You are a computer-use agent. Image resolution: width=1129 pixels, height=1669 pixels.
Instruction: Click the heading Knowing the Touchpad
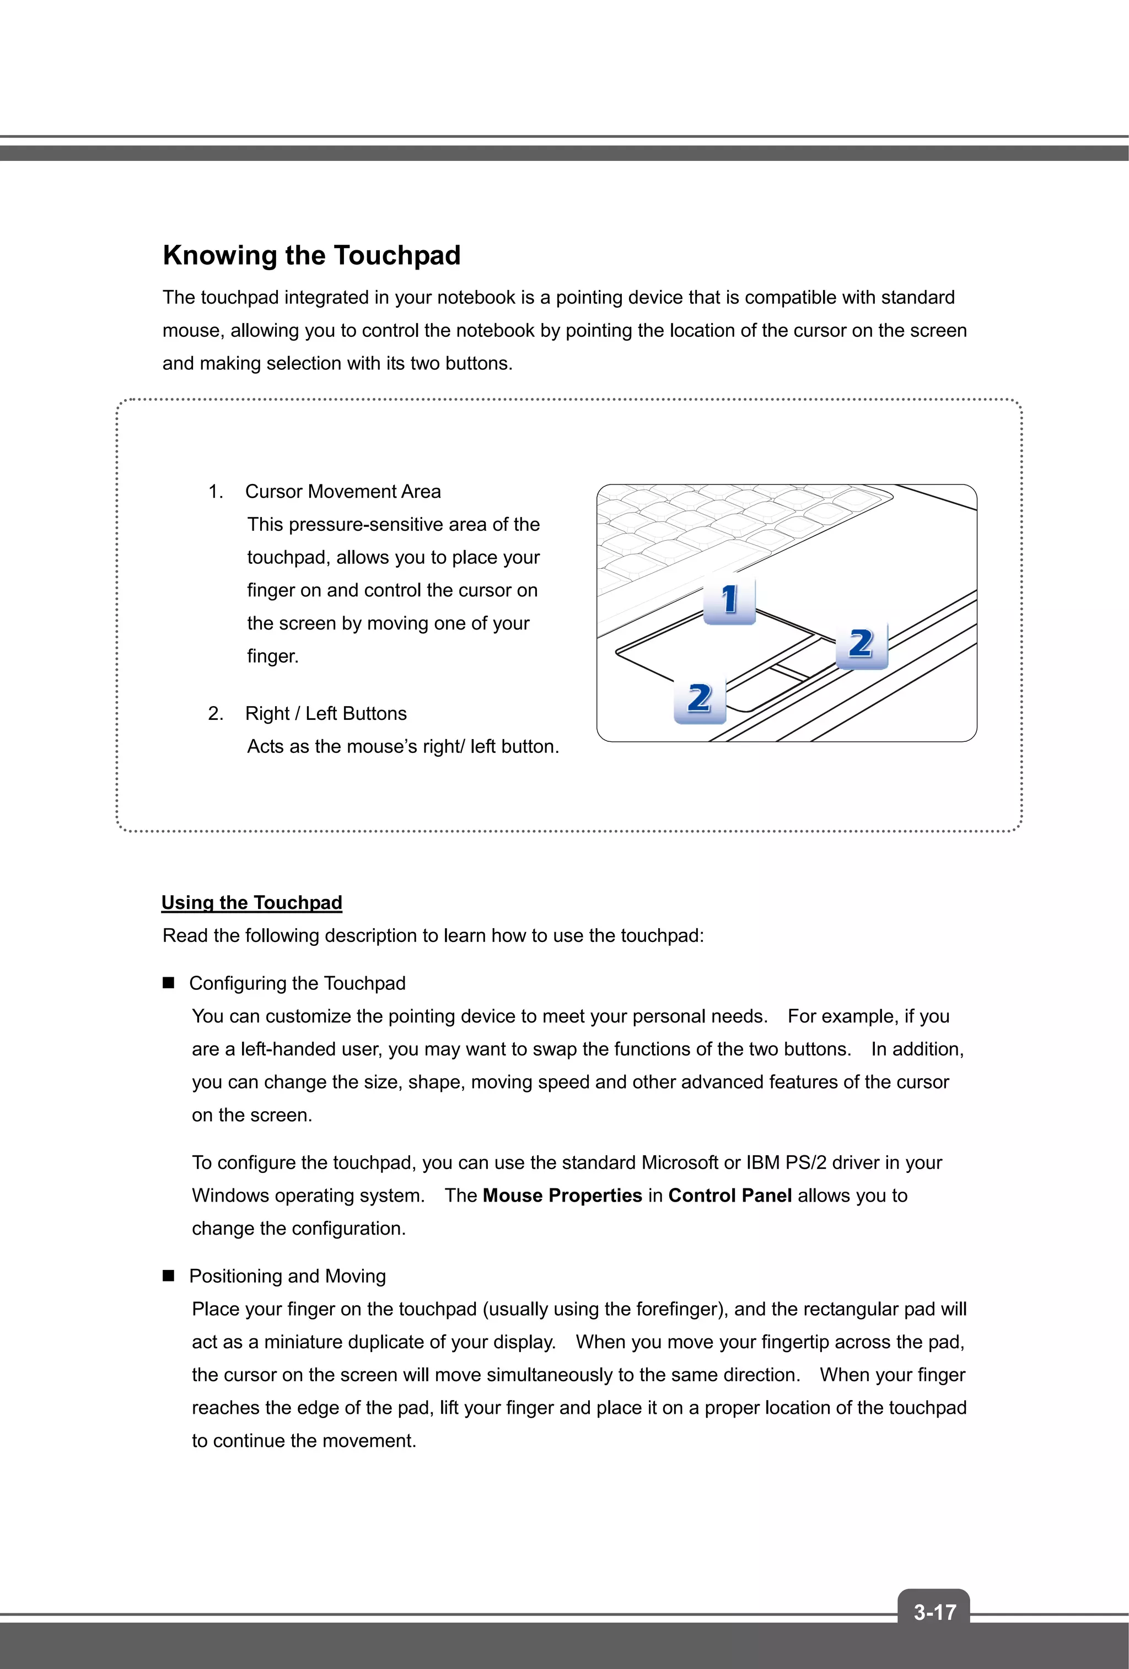point(311,256)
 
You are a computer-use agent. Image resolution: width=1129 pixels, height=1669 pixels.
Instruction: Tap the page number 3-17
point(934,1612)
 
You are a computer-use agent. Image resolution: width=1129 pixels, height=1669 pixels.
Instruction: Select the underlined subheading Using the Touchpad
point(251,903)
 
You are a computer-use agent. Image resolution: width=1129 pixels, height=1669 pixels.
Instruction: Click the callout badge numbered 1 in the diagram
point(729,599)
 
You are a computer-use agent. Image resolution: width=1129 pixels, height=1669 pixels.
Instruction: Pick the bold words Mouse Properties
point(562,1196)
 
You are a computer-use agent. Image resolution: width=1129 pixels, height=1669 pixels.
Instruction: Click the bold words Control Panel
point(730,1196)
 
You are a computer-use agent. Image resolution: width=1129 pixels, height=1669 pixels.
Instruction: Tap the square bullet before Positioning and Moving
point(169,1276)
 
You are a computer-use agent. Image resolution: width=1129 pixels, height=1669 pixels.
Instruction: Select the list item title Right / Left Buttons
point(325,714)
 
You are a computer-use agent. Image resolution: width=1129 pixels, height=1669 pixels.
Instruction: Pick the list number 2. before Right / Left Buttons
point(216,714)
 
